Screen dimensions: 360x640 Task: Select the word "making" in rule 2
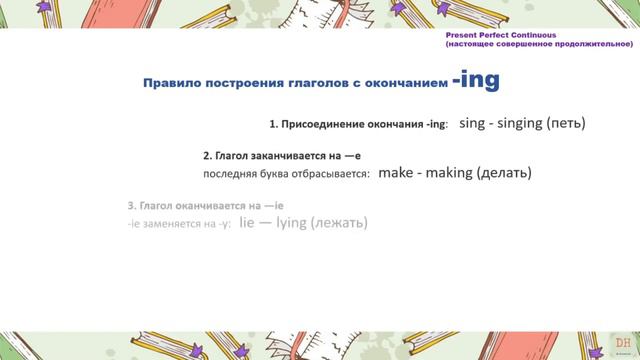(451, 172)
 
